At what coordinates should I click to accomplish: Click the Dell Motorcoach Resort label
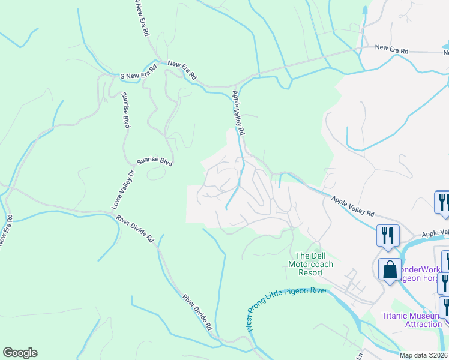(x=310, y=263)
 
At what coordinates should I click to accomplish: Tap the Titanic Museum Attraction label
(x=412, y=320)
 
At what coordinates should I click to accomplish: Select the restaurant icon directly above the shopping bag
(x=387, y=235)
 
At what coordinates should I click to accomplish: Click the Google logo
(x=20, y=353)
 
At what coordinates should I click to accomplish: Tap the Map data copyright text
(x=424, y=355)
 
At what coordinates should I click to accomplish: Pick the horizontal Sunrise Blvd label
(x=155, y=161)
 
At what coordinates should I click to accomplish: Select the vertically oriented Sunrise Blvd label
(x=125, y=110)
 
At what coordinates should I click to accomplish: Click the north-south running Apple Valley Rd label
(x=239, y=112)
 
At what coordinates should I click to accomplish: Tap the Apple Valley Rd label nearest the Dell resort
(x=352, y=205)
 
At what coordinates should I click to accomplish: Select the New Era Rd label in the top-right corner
(x=391, y=49)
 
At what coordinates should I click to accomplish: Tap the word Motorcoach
(x=310, y=264)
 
